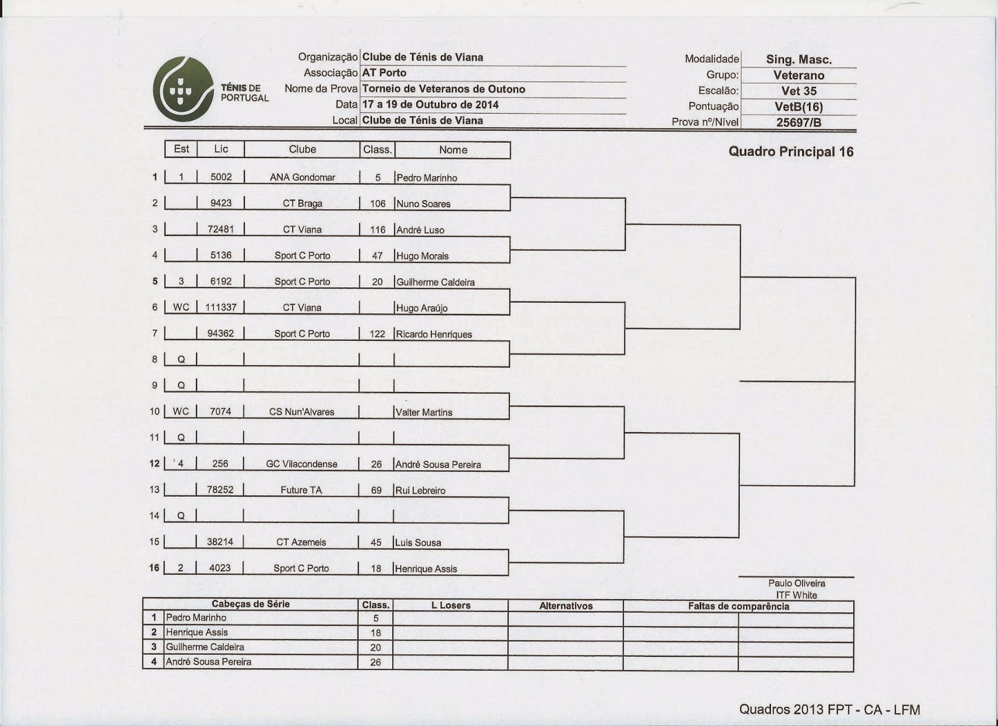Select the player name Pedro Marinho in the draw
coord(427,178)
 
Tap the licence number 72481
coord(221,230)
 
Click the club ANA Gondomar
coord(303,177)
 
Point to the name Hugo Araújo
coord(422,308)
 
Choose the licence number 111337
coord(221,307)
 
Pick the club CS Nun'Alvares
coord(302,412)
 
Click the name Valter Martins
coord(424,412)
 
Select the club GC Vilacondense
coord(302,464)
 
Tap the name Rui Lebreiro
coord(420,491)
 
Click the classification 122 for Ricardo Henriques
coord(377,334)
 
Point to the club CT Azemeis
coord(301,542)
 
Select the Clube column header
coord(303,150)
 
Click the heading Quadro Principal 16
coord(791,152)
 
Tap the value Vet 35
coord(799,91)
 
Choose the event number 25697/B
coord(799,122)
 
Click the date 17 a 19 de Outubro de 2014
coord(430,105)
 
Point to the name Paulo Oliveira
coord(797,584)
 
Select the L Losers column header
coord(450,606)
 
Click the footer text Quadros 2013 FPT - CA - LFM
coord(830,709)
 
